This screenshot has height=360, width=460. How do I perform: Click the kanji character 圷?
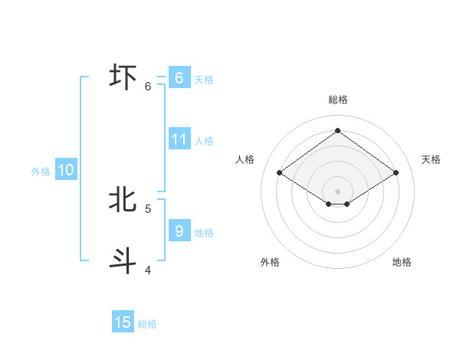pyautogui.click(x=123, y=77)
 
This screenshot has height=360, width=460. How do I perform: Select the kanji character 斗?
pyautogui.click(x=123, y=260)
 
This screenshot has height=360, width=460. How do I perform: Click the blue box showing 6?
pyautogui.click(x=179, y=78)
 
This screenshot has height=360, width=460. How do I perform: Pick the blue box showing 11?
pyautogui.click(x=179, y=139)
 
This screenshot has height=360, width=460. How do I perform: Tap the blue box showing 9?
pyautogui.click(x=179, y=230)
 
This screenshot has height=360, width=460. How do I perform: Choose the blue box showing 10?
pyautogui.click(x=65, y=171)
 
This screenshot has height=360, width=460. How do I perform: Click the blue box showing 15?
pyautogui.click(x=123, y=322)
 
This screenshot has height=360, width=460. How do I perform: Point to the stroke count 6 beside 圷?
pyautogui.click(x=148, y=87)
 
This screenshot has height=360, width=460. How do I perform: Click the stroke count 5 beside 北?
pyautogui.click(x=148, y=208)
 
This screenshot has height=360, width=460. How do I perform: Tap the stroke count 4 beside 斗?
pyautogui.click(x=148, y=270)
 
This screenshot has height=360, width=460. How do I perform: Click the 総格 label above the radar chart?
pyautogui.click(x=337, y=100)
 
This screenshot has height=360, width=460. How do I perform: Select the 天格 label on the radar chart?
pyautogui.click(x=431, y=159)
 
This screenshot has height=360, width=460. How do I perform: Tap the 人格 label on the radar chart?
pyautogui.click(x=245, y=159)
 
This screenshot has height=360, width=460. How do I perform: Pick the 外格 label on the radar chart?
pyautogui.click(x=270, y=263)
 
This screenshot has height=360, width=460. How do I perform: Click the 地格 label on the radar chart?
pyautogui.click(x=402, y=263)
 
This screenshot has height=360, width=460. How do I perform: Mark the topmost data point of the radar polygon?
pyautogui.click(x=337, y=131)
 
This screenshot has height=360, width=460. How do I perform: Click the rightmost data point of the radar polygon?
pyautogui.click(x=396, y=173)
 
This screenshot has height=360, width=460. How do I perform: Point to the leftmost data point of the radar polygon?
pyautogui.click(x=280, y=173)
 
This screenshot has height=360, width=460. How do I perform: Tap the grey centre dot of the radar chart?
pyautogui.click(x=337, y=191)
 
